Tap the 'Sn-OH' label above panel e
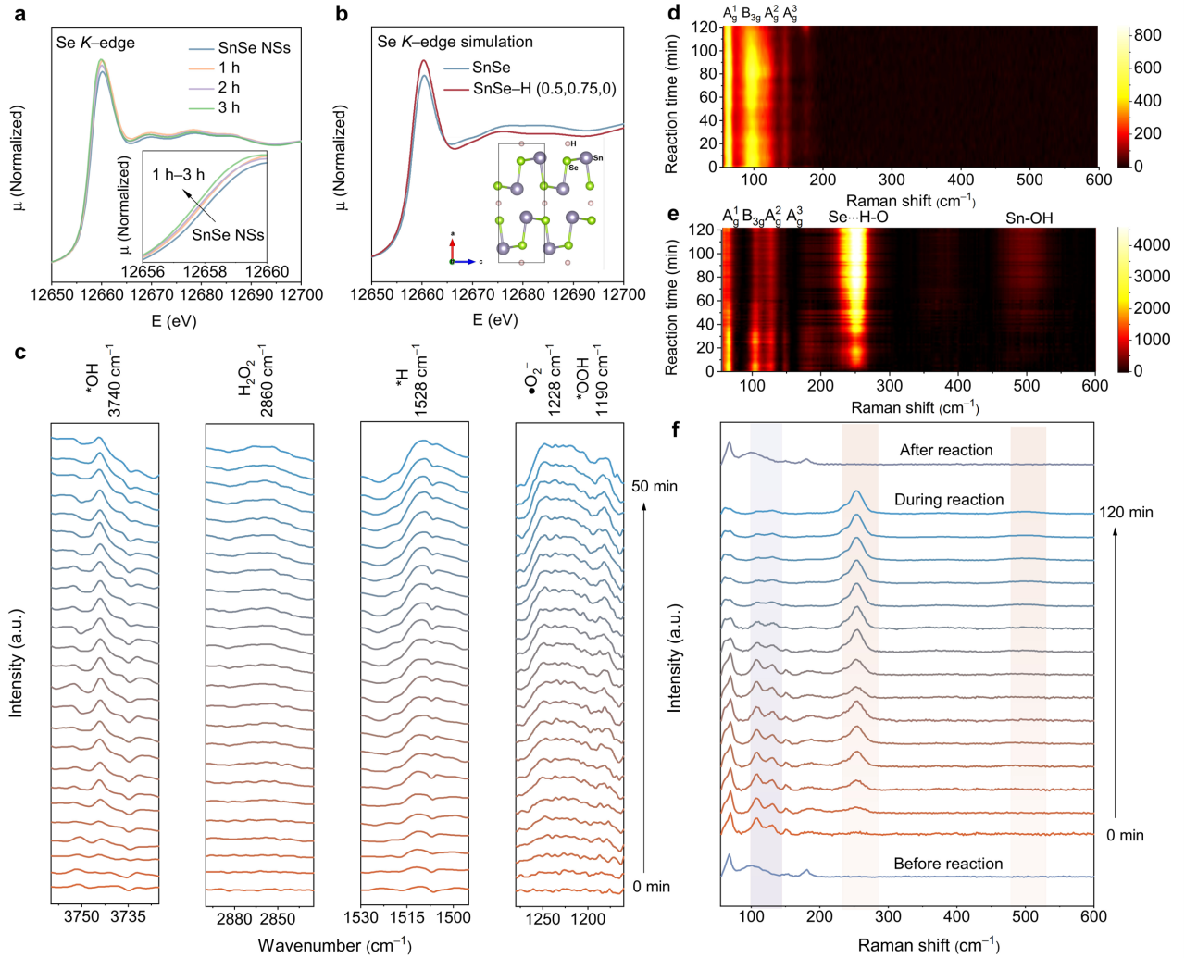coord(1030,218)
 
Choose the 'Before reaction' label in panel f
coord(948,864)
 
